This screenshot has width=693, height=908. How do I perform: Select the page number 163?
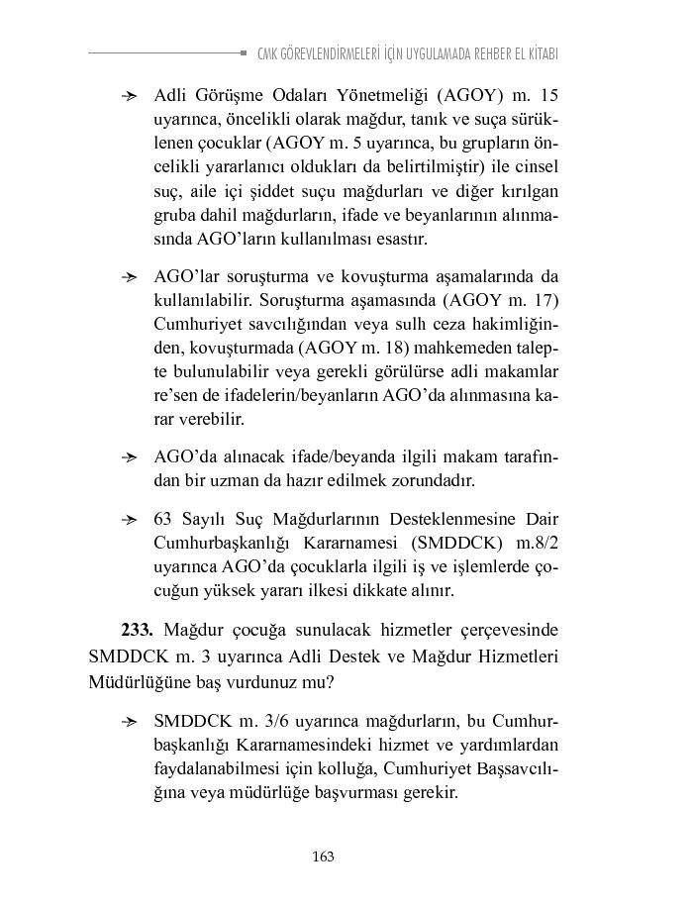[x=322, y=857]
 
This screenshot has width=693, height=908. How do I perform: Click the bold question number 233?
[x=138, y=630]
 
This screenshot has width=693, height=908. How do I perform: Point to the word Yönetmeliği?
[x=384, y=96]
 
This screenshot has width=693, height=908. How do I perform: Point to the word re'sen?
[x=176, y=396]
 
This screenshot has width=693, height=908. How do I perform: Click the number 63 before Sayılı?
[x=164, y=519]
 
